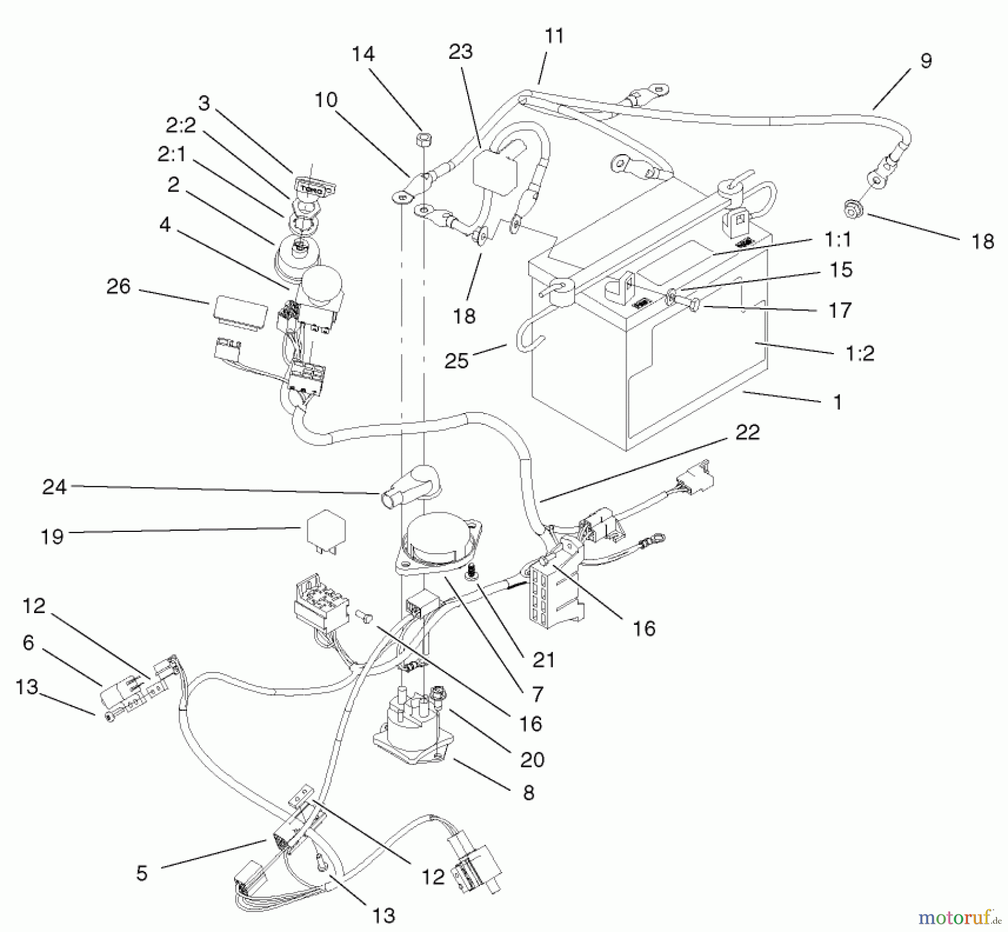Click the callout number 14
pyautogui.click(x=363, y=54)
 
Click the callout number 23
pyautogui.click(x=460, y=52)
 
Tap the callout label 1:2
pyautogui.click(x=860, y=354)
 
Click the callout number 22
pyautogui.click(x=747, y=433)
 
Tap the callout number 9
pyautogui.click(x=926, y=61)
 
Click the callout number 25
pyautogui.click(x=456, y=361)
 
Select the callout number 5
pyautogui.click(x=142, y=873)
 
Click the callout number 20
pyautogui.click(x=532, y=760)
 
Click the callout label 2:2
pyautogui.click(x=180, y=126)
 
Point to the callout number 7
pyautogui.click(x=538, y=694)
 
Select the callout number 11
pyautogui.click(x=554, y=36)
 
